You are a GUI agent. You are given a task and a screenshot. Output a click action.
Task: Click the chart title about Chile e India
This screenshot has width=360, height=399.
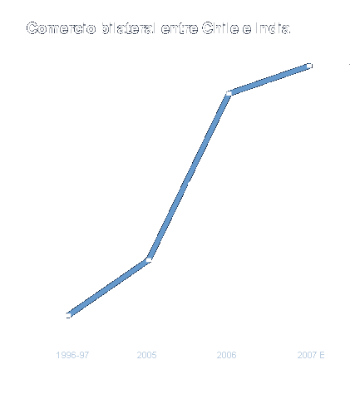point(158,30)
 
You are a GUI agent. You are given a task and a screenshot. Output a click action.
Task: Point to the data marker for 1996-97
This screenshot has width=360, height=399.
point(68,315)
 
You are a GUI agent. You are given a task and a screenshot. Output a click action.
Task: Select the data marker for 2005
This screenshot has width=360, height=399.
point(148,260)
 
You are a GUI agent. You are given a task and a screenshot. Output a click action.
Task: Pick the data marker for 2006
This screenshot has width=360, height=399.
point(229,94)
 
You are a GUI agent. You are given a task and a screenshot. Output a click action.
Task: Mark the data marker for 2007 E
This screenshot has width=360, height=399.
point(309,66)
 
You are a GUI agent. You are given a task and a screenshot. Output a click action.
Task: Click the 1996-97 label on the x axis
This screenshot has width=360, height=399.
point(68,355)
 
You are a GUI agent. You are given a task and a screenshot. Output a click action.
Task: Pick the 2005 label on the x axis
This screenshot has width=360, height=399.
point(148,355)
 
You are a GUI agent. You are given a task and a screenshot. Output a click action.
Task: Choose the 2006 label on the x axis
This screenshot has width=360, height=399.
point(227,355)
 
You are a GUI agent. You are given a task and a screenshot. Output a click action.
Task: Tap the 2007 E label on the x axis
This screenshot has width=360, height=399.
point(309,355)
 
